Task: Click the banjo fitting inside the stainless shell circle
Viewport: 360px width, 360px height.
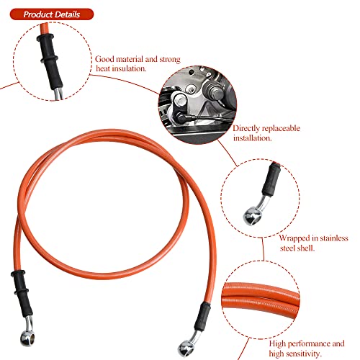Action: pos(250,213)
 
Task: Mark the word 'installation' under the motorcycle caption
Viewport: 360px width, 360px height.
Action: pos(251,138)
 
